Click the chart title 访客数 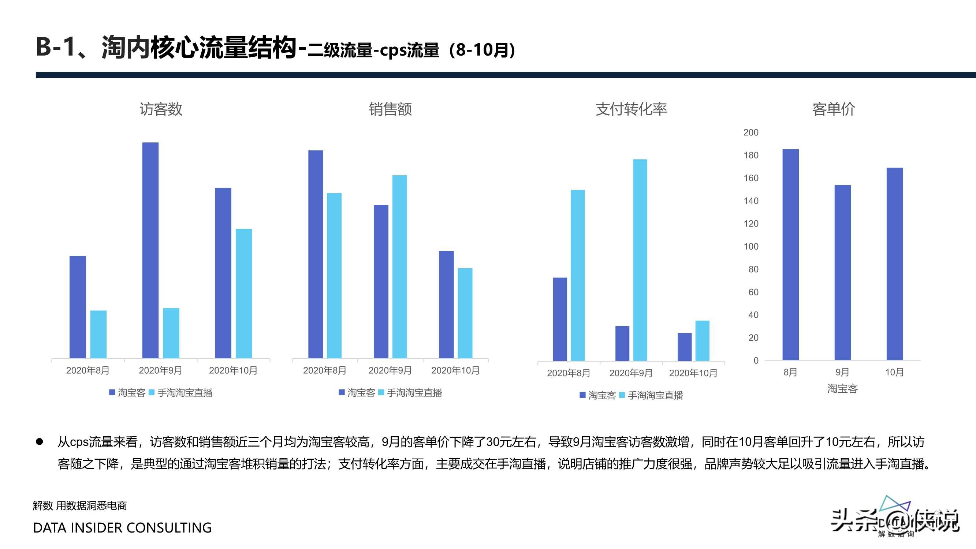click(x=161, y=109)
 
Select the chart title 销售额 click(x=390, y=109)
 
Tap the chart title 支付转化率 click(x=631, y=109)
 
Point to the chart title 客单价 click(x=834, y=109)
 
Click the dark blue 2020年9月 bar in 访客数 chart click(x=150, y=250)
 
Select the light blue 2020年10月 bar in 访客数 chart click(x=243, y=294)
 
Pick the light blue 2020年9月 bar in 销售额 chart click(x=399, y=267)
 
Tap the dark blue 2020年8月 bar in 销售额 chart click(x=316, y=254)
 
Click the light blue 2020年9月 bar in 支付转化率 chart click(x=640, y=260)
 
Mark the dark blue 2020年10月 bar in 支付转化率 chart click(x=685, y=347)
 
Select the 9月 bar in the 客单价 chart click(x=843, y=272)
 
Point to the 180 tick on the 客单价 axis click(x=750, y=155)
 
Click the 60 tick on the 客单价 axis click(x=753, y=292)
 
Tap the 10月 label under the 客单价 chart click(x=894, y=372)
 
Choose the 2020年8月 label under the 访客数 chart click(x=87, y=370)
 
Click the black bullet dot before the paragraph click(x=40, y=442)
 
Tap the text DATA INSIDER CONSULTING click(x=122, y=527)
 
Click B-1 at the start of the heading click(x=55, y=47)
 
